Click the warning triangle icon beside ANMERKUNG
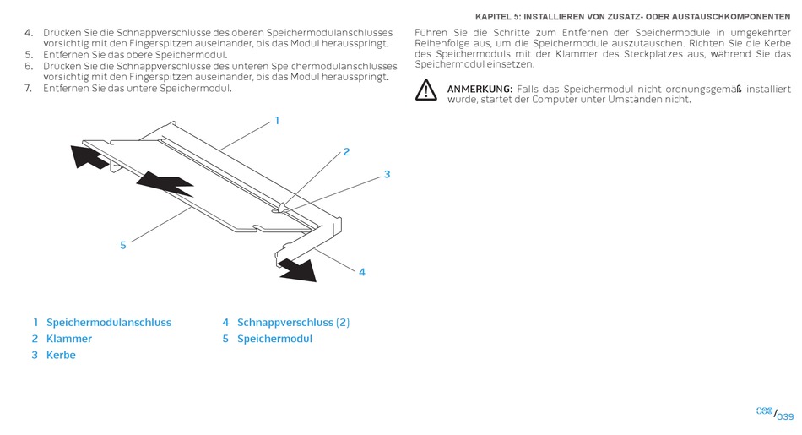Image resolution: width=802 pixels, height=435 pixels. (425, 90)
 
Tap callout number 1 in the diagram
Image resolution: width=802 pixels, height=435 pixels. (277, 121)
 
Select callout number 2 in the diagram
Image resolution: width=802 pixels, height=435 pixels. (346, 152)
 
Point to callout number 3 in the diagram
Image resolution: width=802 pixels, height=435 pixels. (387, 175)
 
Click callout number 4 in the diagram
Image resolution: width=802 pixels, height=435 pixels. (362, 272)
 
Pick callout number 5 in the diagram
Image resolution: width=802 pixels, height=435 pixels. (122, 246)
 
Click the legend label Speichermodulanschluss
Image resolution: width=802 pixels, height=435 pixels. (109, 323)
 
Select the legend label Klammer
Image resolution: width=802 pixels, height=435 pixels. (69, 339)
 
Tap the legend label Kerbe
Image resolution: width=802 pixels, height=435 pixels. (61, 355)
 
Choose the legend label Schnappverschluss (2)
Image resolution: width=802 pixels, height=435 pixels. (293, 323)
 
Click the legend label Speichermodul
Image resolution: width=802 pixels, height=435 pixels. (274, 339)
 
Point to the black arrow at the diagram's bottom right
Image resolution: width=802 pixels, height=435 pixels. (297, 269)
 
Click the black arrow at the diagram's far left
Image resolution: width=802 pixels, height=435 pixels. (89, 156)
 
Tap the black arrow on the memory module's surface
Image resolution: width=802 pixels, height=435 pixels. (165, 184)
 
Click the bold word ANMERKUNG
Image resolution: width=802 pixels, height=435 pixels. (480, 89)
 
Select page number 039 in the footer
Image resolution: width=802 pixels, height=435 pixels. (785, 416)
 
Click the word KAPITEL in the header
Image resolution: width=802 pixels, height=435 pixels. (492, 17)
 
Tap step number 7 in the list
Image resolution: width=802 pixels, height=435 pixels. (28, 89)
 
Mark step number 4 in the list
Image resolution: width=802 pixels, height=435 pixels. (29, 33)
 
